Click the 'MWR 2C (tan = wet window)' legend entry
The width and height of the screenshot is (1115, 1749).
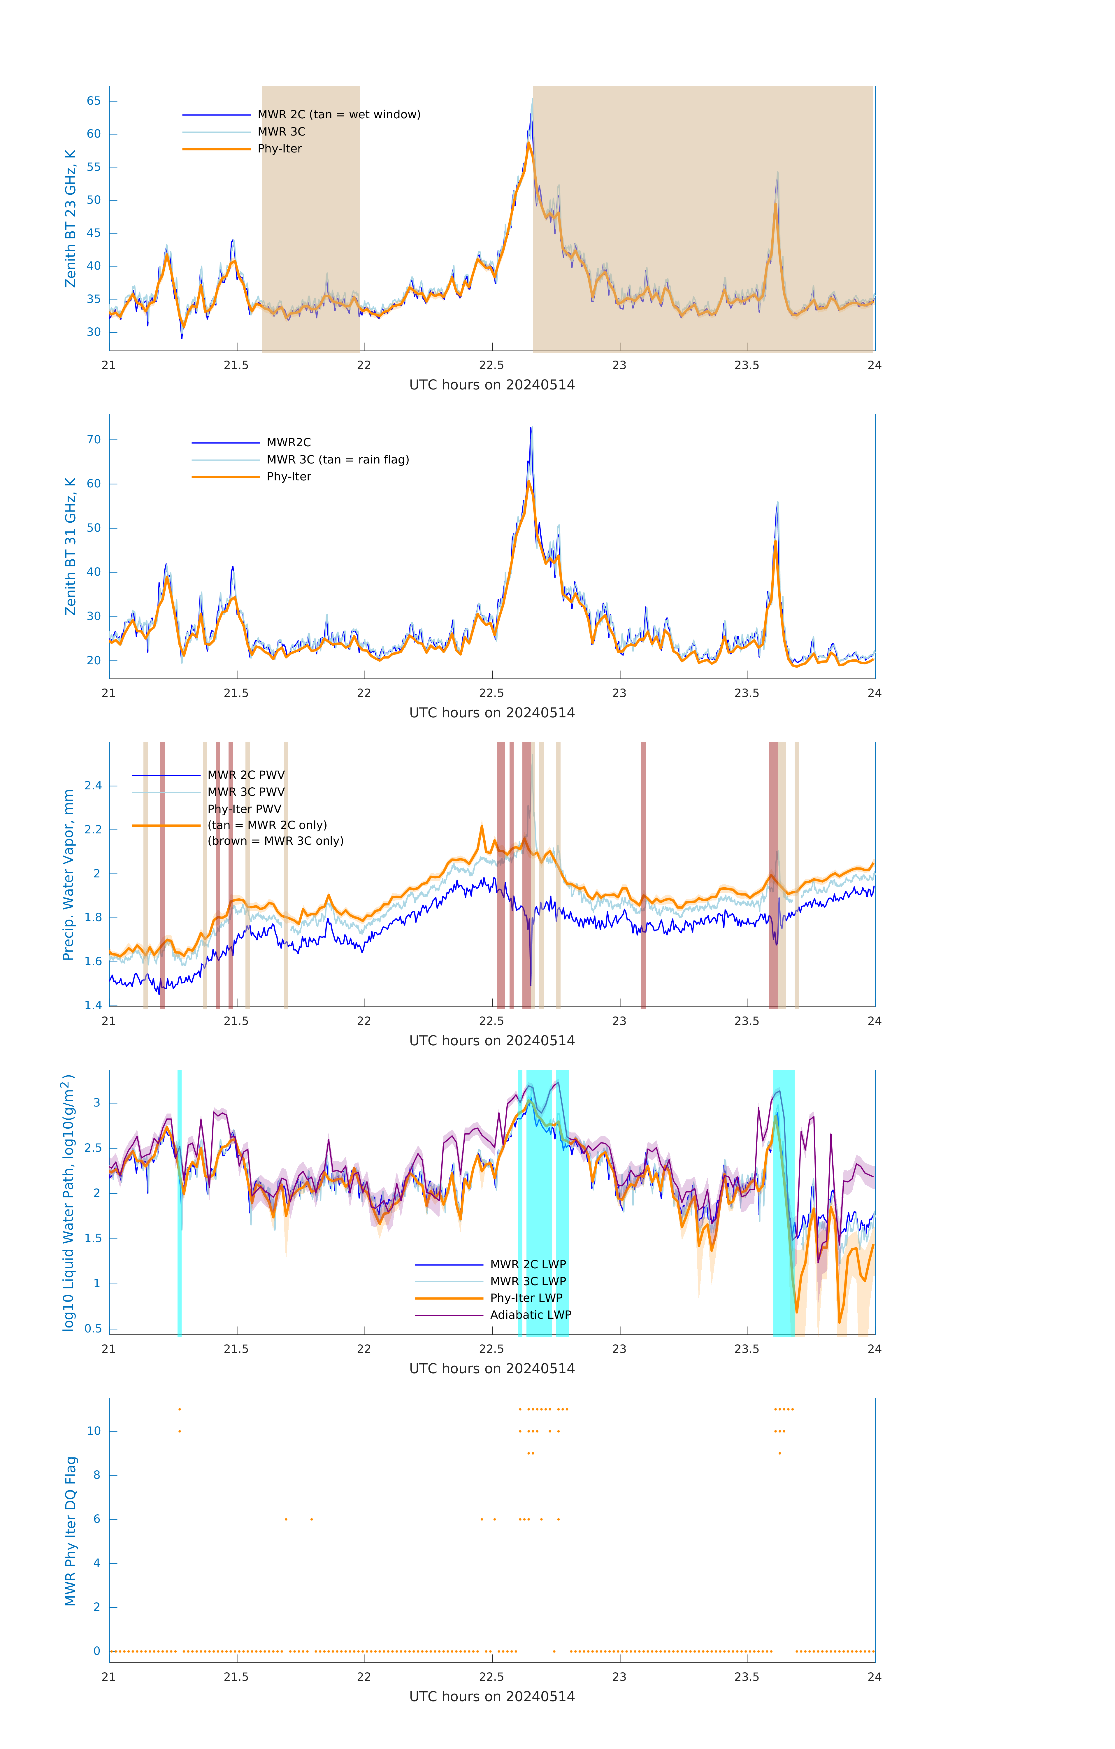pyautogui.click(x=338, y=115)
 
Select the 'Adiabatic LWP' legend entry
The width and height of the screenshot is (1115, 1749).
pyautogui.click(x=530, y=1315)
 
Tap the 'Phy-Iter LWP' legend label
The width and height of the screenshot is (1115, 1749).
pyautogui.click(x=526, y=1298)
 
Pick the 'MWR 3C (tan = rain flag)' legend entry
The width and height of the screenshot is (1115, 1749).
pyautogui.click(x=338, y=460)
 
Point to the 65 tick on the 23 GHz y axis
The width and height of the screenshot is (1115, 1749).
pyautogui.click(x=94, y=101)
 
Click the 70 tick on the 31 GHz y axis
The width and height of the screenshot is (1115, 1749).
pyautogui.click(x=94, y=439)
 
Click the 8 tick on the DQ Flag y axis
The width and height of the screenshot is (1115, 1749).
pyautogui.click(x=96, y=1475)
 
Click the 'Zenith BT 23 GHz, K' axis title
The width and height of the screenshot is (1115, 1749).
pyautogui.click(x=71, y=219)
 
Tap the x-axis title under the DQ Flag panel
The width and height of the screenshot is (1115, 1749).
pyautogui.click(x=492, y=1697)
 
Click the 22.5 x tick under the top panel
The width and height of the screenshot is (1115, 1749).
pyautogui.click(x=492, y=365)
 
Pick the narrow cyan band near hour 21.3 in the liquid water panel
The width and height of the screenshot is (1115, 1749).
pyautogui.click(x=179, y=1202)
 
